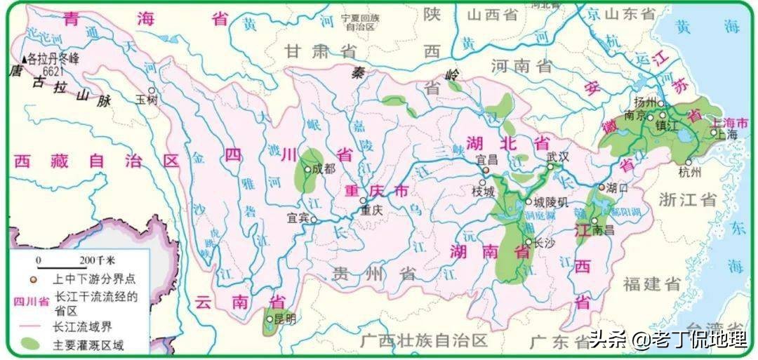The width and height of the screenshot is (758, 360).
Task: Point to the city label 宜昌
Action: pyautogui.click(x=486, y=160)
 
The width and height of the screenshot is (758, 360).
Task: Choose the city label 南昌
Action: pyautogui.click(x=603, y=229)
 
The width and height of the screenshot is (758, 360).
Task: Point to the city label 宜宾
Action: pyautogui.click(x=298, y=218)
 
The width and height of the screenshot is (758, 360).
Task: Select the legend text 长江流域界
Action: pyautogui.click(x=84, y=326)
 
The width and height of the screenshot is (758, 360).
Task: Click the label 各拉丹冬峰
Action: pyautogui.click(x=56, y=60)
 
